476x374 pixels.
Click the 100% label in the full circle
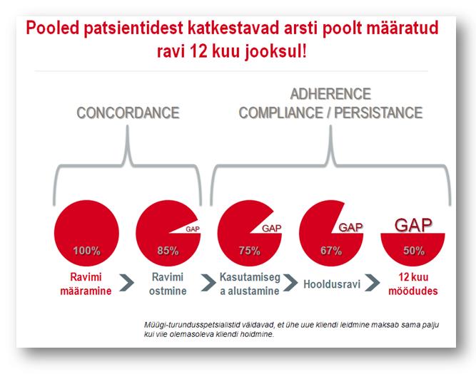point(86,251)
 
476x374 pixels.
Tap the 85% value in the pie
point(168,251)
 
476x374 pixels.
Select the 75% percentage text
point(250,251)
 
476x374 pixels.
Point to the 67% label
point(331,251)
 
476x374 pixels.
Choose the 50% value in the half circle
point(414,251)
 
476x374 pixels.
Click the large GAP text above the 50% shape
point(413,225)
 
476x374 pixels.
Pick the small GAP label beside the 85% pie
point(193,229)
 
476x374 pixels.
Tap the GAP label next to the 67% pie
point(350,227)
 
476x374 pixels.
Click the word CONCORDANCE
point(128,113)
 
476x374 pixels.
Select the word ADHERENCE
point(330,94)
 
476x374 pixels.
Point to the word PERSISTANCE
point(378,113)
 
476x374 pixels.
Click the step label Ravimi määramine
point(86,284)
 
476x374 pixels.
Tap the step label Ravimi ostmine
point(168,284)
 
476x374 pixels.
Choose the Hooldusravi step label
point(332,284)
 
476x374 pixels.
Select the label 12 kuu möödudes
point(413,284)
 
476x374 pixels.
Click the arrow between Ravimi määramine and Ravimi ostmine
point(126,283)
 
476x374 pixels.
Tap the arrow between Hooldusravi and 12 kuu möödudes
point(372,283)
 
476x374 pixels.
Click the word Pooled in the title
point(53,28)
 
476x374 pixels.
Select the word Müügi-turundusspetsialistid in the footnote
point(192,326)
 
